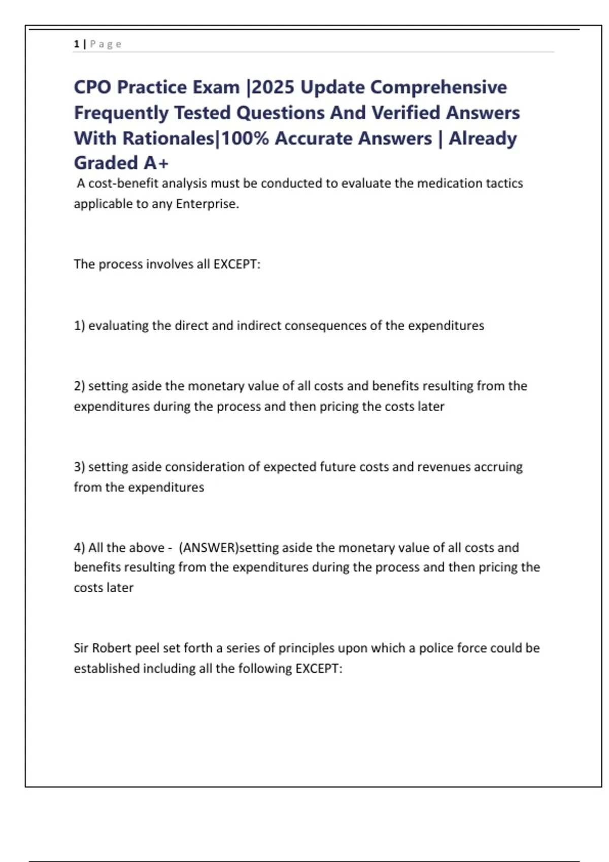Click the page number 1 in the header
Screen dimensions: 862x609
point(77,44)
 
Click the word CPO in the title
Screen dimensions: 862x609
point(92,87)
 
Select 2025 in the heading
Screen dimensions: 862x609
point(273,87)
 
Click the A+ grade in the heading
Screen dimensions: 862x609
point(156,163)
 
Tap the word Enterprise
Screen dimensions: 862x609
point(207,204)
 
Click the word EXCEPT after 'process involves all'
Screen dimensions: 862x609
point(236,264)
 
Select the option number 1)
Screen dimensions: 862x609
point(79,326)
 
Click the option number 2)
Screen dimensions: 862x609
point(79,386)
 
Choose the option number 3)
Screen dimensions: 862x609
point(79,467)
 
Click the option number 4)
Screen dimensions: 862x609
point(79,548)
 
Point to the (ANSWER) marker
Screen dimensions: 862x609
point(209,548)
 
